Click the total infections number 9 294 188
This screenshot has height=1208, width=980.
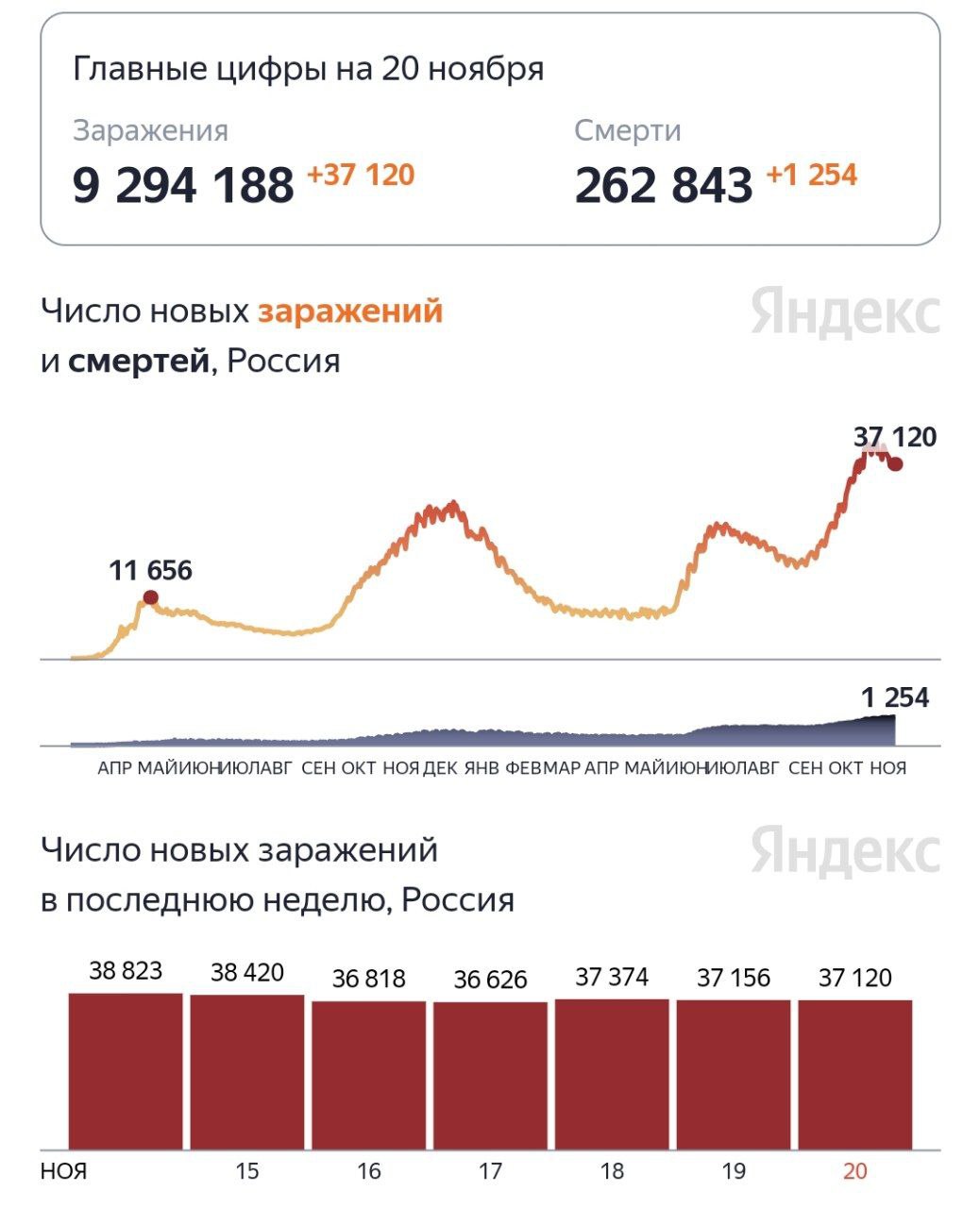(183, 185)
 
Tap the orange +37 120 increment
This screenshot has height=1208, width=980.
(361, 176)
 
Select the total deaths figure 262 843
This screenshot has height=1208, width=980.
(664, 185)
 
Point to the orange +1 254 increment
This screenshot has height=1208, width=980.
(811, 176)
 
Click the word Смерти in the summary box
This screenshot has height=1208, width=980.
(628, 131)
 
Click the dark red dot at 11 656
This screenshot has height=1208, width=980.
(150, 597)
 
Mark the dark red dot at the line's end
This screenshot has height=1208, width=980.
(895, 463)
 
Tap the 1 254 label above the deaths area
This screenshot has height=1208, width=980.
(895, 698)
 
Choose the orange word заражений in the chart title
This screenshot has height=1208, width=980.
(350, 310)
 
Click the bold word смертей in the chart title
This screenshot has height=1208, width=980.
(139, 361)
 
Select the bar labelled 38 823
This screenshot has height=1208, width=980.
(126, 1070)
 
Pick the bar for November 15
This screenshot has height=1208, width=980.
(247, 1071)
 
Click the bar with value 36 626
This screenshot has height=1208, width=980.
(490, 1075)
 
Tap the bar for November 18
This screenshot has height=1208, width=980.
(612, 1073)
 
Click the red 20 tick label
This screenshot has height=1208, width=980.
(855, 1171)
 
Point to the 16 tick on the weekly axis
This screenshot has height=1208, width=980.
(369, 1171)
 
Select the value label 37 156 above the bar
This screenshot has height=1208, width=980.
(734, 978)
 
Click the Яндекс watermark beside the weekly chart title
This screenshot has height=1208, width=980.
(846, 851)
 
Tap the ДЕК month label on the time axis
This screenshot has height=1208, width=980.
(440, 768)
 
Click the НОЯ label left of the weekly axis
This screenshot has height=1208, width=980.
(64, 1171)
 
